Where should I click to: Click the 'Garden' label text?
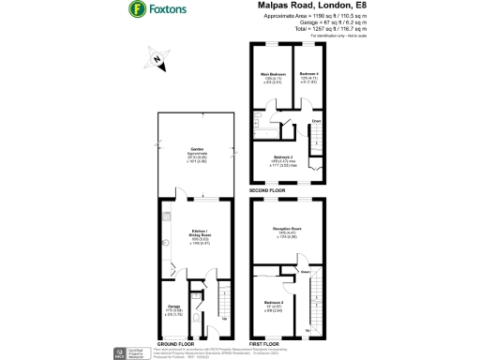click(198, 149)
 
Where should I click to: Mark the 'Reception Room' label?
click(287, 228)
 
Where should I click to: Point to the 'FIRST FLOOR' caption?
click(266, 343)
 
